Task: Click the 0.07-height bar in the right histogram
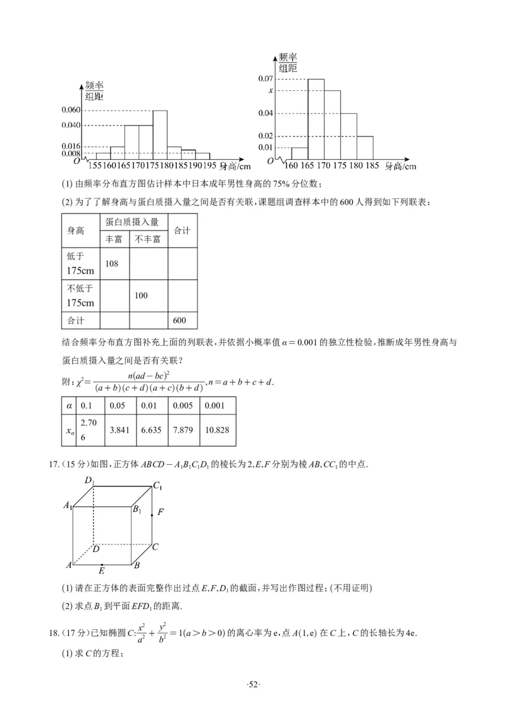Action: pos(316,119)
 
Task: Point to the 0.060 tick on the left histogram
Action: pos(71,110)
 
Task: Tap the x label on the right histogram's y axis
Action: pos(271,90)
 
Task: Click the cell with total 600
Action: pos(180,320)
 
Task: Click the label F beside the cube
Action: pos(161,513)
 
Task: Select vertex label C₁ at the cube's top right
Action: pos(157,486)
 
